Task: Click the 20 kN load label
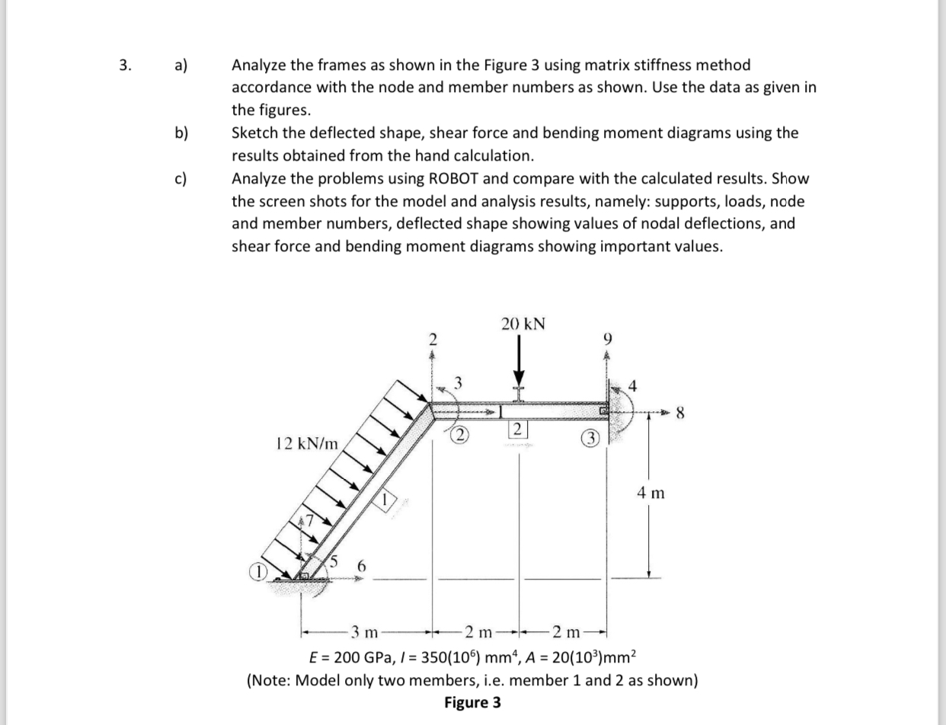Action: click(x=523, y=323)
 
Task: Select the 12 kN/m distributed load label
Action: click(x=307, y=442)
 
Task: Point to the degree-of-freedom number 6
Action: click(x=362, y=567)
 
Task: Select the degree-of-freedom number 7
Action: click(x=311, y=522)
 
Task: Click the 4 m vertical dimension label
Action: click(x=650, y=493)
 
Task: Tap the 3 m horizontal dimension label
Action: click(x=363, y=631)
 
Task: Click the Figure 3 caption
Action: click(x=472, y=702)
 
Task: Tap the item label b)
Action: click(x=181, y=133)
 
